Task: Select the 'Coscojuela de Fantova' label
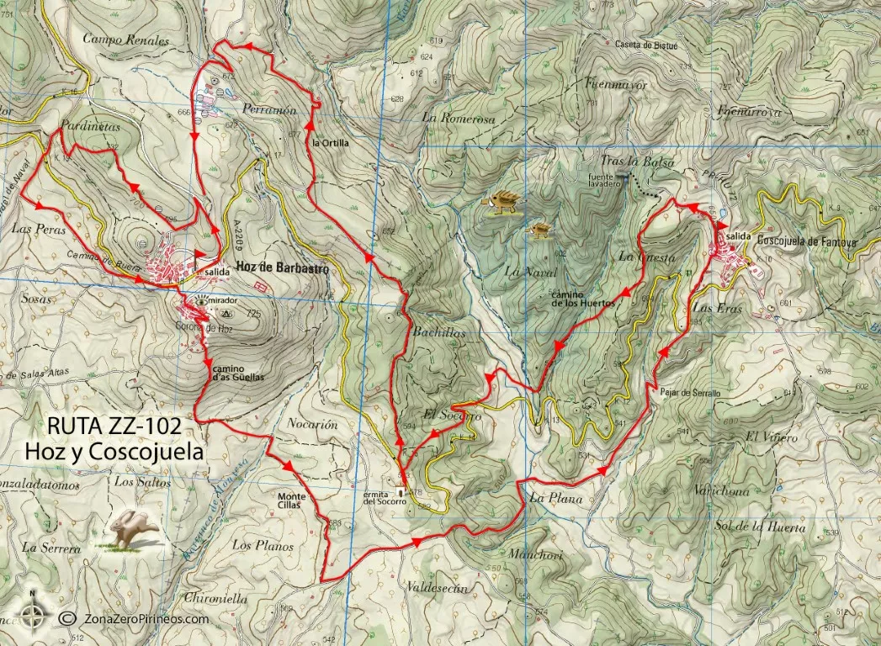[x=807, y=241]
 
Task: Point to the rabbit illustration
[x=132, y=529]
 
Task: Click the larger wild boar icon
[x=503, y=202]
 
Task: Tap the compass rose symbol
[x=33, y=617]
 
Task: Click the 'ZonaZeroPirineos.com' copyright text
[x=145, y=618]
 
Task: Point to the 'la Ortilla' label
[x=329, y=143]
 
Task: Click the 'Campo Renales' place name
[x=126, y=40]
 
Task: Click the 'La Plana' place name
[x=556, y=498]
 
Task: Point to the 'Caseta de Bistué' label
[x=646, y=45]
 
